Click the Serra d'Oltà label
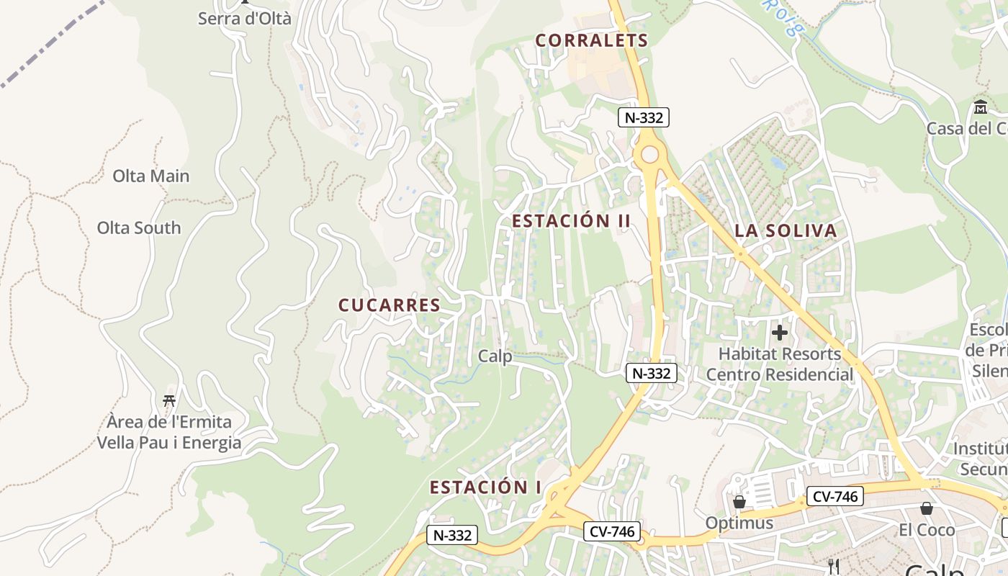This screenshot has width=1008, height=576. [245, 18]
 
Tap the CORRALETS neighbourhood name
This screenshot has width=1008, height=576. [592, 40]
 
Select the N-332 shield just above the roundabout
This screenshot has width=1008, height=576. [644, 117]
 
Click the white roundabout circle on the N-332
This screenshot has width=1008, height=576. [650, 154]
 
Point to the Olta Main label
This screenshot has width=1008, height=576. [151, 176]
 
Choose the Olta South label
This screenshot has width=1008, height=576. [139, 228]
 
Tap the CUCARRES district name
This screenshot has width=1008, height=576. [390, 305]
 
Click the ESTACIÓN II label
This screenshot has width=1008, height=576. [572, 221]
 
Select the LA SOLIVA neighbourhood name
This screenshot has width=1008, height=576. [786, 231]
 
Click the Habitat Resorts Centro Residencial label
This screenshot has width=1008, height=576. [780, 364]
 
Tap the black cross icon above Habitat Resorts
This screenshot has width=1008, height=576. [779, 333]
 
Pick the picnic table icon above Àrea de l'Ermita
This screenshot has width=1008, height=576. [169, 400]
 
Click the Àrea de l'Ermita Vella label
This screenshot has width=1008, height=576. [169, 432]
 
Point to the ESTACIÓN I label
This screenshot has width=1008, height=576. [485, 487]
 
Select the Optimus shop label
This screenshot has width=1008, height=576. [739, 523]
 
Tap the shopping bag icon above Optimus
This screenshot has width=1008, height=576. [739, 502]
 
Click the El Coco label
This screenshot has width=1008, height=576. [927, 530]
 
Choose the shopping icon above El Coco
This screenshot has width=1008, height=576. [927, 509]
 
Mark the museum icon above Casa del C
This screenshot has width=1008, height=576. [981, 108]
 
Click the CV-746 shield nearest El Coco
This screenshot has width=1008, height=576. [835, 496]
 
